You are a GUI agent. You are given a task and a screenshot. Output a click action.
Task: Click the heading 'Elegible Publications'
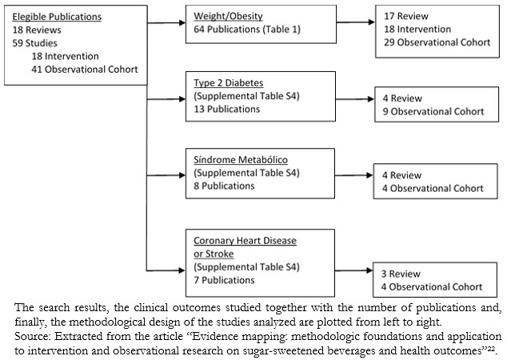pyautogui.click(x=57, y=17)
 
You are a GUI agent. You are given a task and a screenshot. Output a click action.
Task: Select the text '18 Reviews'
pyautogui.click(x=37, y=30)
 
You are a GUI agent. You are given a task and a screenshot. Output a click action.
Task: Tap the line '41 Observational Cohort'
pyautogui.click(x=85, y=70)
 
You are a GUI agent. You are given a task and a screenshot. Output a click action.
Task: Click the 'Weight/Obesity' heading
pyautogui.click(x=228, y=16)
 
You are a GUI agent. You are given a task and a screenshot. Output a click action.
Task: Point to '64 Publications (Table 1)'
pyautogui.click(x=247, y=30)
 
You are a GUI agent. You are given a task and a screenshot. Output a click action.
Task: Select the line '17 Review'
pyautogui.click(x=406, y=16)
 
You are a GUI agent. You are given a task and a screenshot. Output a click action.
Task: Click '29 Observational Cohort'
pyautogui.click(x=437, y=42)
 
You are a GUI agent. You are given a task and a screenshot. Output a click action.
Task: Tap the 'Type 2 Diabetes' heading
pyautogui.click(x=229, y=83)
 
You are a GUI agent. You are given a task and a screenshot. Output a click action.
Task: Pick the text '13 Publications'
pyautogui.click(x=227, y=109)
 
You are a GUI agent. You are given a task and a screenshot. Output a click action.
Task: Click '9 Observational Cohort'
pyautogui.click(x=433, y=111)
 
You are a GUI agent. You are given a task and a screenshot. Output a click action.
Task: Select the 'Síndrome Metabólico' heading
pyautogui.click(x=241, y=160)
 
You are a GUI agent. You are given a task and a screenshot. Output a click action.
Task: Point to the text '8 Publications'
pyautogui.click(x=224, y=186)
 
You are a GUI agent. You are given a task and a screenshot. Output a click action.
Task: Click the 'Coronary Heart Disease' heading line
pyautogui.click(x=245, y=241)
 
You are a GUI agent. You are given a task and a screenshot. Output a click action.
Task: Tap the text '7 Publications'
pyautogui.click(x=224, y=280)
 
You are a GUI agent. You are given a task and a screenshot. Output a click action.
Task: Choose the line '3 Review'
pyautogui.click(x=401, y=274)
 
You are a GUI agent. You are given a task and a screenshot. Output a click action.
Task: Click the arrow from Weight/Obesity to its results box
pyautogui.click(x=355, y=22)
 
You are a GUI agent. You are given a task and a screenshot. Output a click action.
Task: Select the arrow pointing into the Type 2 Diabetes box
pyautogui.click(x=166, y=99)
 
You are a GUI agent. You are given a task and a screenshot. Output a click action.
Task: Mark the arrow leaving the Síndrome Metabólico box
pyautogui.click(x=353, y=175)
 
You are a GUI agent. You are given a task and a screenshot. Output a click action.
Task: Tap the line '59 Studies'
pyautogui.click(x=35, y=43)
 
